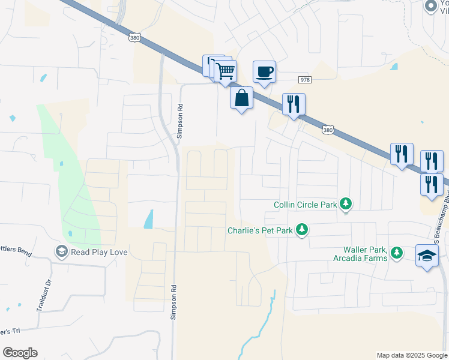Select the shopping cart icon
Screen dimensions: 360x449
click(225, 71)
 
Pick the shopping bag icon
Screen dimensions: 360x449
click(241, 98)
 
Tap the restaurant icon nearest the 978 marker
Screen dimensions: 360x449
click(294, 104)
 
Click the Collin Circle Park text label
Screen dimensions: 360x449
click(305, 205)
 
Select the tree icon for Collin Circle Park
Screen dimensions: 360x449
click(346, 205)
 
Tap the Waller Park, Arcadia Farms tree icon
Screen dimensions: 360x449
click(396, 254)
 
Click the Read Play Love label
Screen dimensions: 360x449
click(99, 252)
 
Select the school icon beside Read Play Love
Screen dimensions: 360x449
click(61, 252)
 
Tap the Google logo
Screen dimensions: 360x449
click(20, 353)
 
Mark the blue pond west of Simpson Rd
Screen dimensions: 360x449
click(148, 218)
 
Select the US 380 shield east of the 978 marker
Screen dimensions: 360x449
click(327, 129)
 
